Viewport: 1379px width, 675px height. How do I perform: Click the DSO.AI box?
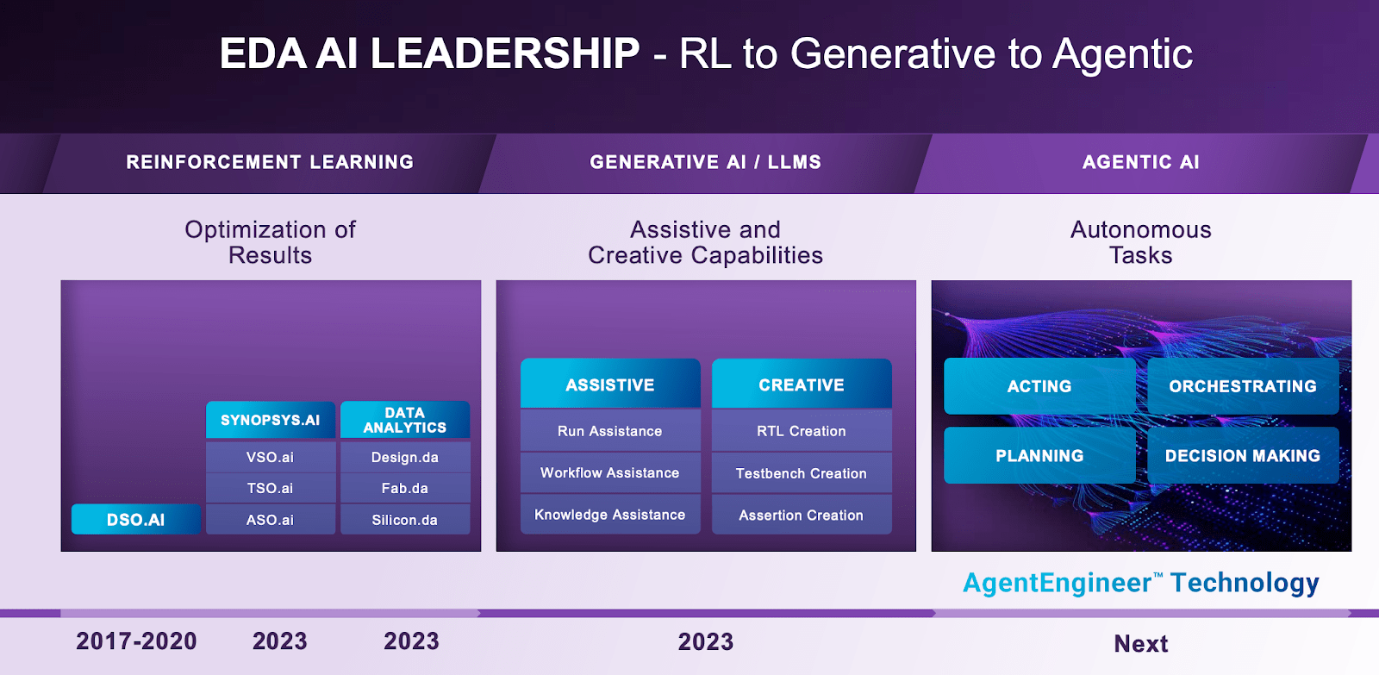[x=136, y=520]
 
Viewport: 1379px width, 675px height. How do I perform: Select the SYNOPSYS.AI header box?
[x=271, y=420]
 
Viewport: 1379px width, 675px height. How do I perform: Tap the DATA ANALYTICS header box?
[x=405, y=420]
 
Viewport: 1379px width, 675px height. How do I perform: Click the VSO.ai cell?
[x=271, y=457]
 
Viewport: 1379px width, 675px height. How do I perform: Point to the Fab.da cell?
[x=405, y=488]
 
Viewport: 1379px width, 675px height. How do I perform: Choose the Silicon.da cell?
[x=405, y=520]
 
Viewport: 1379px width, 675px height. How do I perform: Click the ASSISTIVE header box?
[x=610, y=384]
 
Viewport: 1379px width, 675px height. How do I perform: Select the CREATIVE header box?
[x=802, y=384]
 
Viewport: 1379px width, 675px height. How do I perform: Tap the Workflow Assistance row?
[x=610, y=472]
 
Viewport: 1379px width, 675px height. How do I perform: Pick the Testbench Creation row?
[x=802, y=473]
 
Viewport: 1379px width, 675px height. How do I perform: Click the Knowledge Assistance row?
[x=610, y=515]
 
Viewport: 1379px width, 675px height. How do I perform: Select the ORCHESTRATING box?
[x=1243, y=386]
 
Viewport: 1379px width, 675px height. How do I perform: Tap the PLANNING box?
[x=1039, y=455]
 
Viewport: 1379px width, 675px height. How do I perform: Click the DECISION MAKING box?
[x=1243, y=455]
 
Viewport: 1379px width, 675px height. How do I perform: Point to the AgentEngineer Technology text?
[x=1140, y=583]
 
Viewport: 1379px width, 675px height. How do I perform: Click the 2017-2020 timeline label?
[x=136, y=641]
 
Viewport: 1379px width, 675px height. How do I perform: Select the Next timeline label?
[x=1141, y=643]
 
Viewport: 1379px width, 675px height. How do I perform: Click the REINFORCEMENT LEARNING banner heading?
[x=270, y=162]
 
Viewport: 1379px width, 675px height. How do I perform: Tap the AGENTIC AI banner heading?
[x=1140, y=162]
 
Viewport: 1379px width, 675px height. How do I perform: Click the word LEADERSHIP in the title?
[x=505, y=53]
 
